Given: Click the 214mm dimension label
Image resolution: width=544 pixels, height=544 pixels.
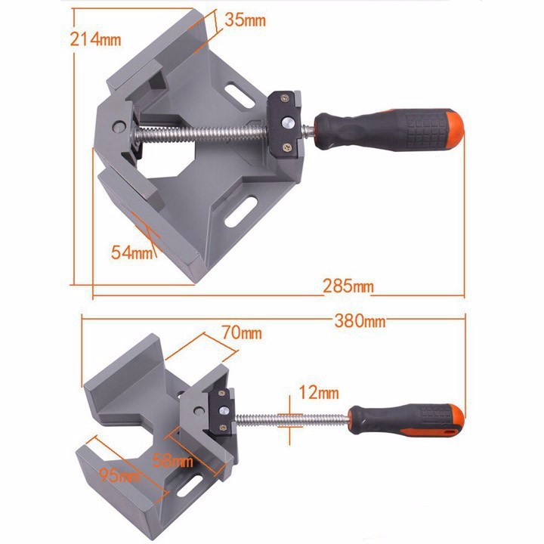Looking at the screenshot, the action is pyautogui.click(x=95, y=39).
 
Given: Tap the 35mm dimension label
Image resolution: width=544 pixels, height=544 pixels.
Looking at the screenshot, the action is pyautogui.click(x=245, y=20).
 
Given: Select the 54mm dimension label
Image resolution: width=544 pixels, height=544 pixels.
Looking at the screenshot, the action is pyautogui.click(x=131, y=252).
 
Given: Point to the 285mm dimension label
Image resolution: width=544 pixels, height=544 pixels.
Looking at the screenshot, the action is pyautogui.click(x=348, y=286).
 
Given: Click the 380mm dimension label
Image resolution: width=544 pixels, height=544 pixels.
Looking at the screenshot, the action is pyautogui.click(x=360, y=321).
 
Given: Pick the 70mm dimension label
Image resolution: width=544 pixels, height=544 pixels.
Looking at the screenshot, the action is pyautogui.click(x=242, y=332).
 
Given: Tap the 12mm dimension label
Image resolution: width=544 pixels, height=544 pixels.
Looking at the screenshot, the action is pyautogui.click(x=319, y=393).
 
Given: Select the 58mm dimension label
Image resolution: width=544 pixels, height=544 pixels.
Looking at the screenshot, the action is pyautogui.click(x=172, y=461).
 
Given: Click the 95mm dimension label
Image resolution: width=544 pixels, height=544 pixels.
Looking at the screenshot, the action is pyautogui.click(x=119, y=475).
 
